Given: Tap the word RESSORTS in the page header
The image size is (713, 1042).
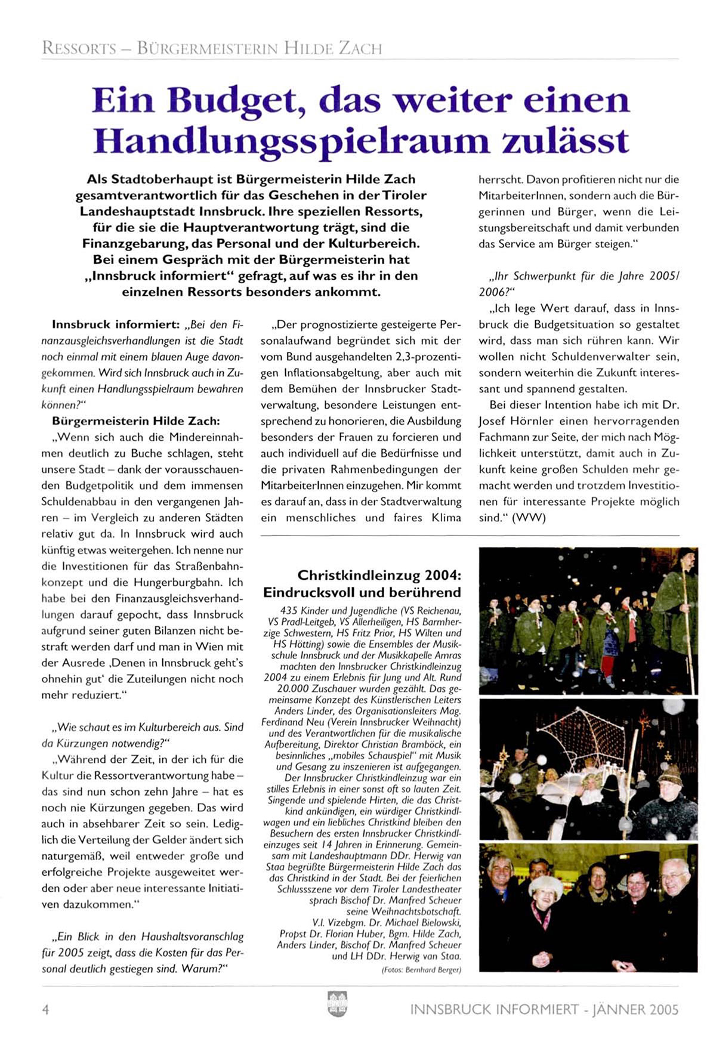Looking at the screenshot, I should point(79,48).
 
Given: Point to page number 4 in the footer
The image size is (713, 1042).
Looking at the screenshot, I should point(45,1009).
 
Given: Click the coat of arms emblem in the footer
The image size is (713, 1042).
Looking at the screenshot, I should point(338,1003).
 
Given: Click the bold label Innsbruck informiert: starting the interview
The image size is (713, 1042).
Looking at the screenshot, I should point(116,325).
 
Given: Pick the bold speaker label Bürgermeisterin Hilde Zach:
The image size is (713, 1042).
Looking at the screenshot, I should point(136,421).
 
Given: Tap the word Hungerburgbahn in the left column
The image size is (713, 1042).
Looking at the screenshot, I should point(181,582).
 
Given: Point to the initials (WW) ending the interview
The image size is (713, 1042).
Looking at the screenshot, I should point(529,518).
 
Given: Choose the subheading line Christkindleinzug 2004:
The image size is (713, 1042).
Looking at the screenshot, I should point(379,576).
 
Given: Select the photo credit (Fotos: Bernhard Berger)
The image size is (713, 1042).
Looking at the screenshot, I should point(421,970).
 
